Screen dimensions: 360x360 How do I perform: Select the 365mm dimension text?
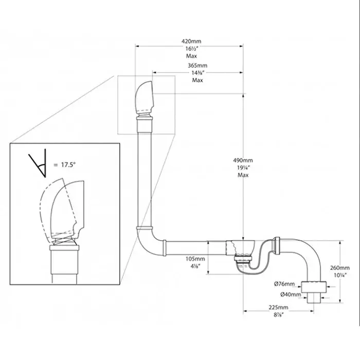point(197,66)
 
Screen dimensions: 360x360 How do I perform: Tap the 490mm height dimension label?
point(243,160)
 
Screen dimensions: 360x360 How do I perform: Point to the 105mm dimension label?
point(196,259)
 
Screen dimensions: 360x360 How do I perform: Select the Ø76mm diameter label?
point(284,284)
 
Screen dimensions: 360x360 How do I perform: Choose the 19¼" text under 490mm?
point(243,167)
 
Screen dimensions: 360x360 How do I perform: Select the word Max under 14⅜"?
point(197,80)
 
